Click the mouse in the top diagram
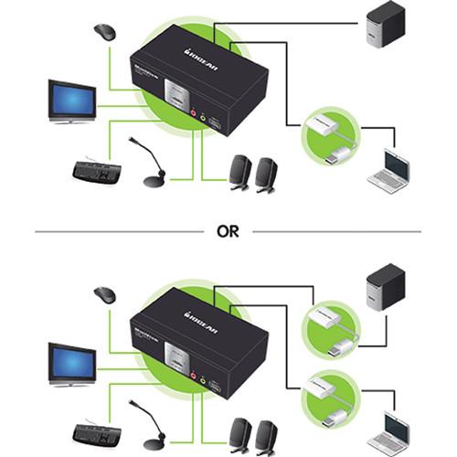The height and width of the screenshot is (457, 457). pyautogui.click(x=105, y=33)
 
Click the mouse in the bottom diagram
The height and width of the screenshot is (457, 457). pyautogui.click(x=105, y=295)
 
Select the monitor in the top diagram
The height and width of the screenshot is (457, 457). pyautogui.click(x=72, y=101)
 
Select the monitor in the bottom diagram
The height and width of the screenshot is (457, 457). pyautogui.click(x=72, y=362)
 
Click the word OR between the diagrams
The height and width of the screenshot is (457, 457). pyautogui.click(x=228, y=231)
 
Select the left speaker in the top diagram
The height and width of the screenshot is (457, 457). pyautogui.click(x=240, y=173)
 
